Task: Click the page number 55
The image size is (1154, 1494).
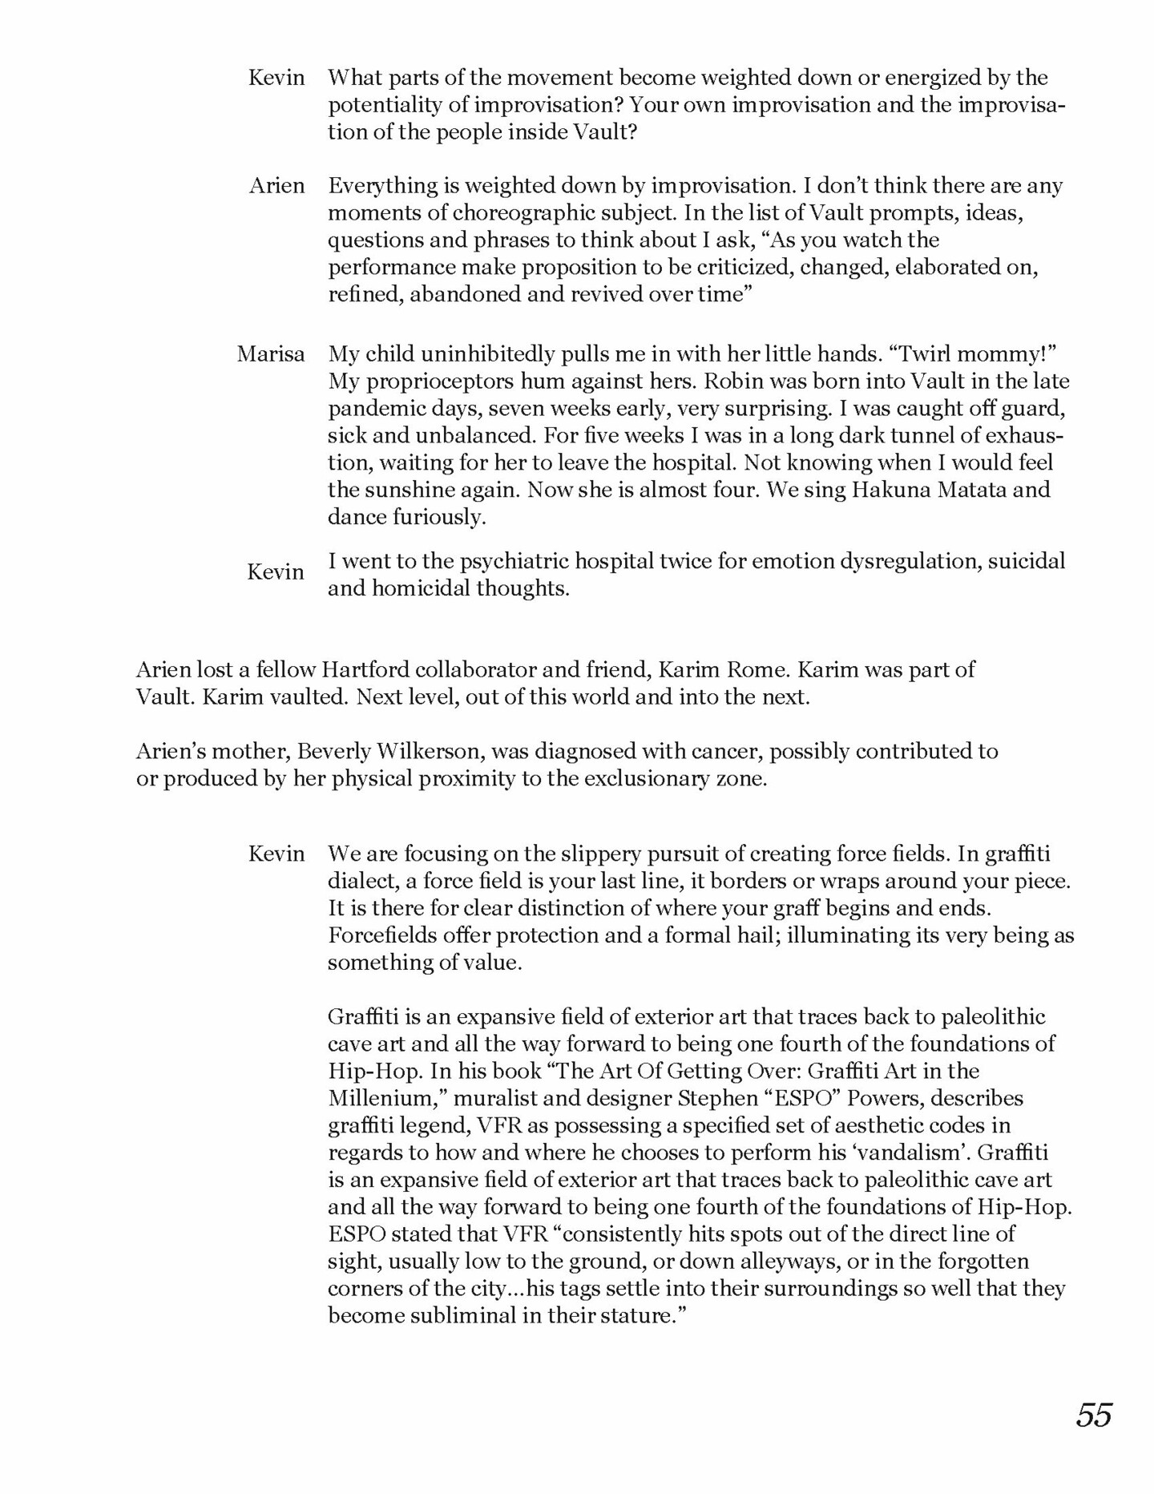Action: click(x=1094, y=1415)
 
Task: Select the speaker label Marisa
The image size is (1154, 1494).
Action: click(x=271, y=354)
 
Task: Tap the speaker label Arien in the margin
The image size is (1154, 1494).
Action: click(x=276, y=186)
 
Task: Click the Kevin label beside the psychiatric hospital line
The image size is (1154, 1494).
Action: click(x=276, y=572)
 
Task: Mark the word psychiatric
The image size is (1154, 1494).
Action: click(x=482, y=561)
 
